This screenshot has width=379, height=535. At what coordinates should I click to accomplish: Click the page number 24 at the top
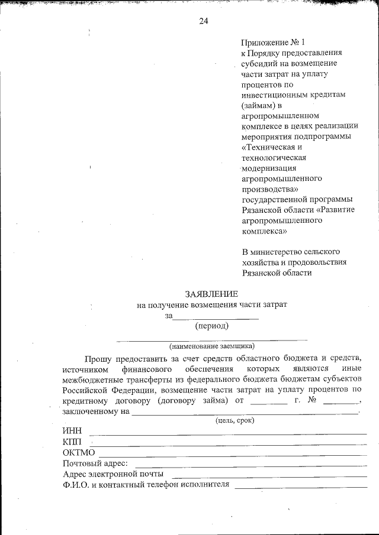point(203,21)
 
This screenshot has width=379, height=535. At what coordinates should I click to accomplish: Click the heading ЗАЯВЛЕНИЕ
point(211,294)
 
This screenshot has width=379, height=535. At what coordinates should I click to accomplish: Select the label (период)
point(211,325)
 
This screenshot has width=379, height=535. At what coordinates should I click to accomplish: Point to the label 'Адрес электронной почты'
point(113,474)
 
